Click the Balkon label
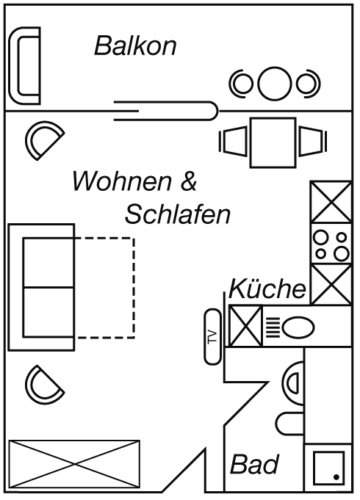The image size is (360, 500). pos(135,46)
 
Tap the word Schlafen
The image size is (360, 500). pos(178,214)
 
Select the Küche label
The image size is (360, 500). pos(267,289)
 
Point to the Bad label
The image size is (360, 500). pos(254,464)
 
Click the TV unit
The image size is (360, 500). pos(212,336)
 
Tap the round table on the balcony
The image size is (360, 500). pos(275,83)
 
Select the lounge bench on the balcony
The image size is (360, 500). pos(24,65)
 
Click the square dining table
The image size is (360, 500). pos(273,142)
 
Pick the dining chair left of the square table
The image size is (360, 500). pos(234,141)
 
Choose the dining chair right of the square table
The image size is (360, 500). pos(313,141)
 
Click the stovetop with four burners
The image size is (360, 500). pos(331,244)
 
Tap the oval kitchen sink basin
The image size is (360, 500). pos(298,327)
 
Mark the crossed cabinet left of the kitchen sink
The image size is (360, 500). pos(245,326)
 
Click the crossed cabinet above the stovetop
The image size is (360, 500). pos(331,202)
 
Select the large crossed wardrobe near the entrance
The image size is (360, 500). pos(74,464)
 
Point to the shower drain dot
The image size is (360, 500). pos(336,477)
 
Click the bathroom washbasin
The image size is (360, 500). pos(293,383)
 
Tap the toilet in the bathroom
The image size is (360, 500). pos(290,424)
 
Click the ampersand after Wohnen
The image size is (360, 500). pos(189,181)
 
